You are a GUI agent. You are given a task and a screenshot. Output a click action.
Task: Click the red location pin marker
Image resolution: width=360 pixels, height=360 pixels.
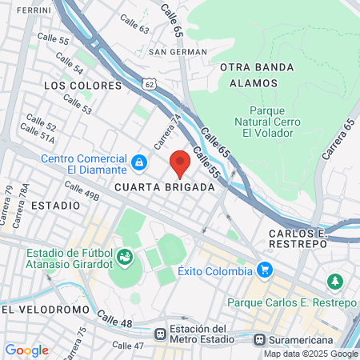coord(180,162)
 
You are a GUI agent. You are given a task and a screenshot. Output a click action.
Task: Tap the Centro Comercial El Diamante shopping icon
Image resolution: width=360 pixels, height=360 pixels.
coord(140,163)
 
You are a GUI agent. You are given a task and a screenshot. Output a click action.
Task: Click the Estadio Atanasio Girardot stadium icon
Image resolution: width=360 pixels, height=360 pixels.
coord(125,257)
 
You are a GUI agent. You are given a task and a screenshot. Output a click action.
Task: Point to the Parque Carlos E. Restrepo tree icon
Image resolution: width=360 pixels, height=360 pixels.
coord(334,282)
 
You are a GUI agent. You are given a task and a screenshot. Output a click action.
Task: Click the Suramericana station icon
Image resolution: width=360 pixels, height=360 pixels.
coord(258,338)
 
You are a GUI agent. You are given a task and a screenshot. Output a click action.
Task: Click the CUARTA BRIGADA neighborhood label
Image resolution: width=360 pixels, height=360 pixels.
coord(165,187)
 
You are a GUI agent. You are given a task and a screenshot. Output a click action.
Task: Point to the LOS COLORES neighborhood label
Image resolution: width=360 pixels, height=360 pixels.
coord(82,85)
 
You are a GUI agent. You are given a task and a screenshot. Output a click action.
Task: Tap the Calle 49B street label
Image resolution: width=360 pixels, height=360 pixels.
coord(82,192)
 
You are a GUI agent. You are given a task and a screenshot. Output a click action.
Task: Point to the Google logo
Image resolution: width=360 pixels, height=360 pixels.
coord(26,350)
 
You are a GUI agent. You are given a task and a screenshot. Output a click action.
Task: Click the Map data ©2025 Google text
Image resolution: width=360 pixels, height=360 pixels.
coord(311,354)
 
